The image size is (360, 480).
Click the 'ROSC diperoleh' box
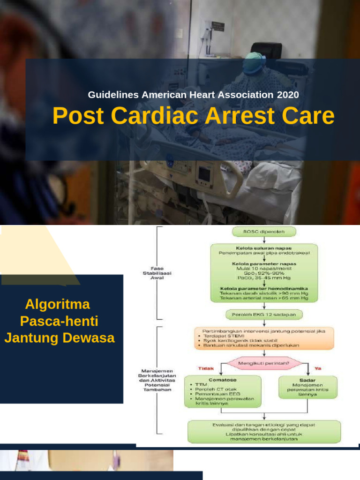click(264, 232)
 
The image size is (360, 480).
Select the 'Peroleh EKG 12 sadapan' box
click(264, 314)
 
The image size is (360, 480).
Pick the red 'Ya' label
click(318, 368)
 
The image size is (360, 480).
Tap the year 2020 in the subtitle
click(287, 95)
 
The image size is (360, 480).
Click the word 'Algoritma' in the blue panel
click(57, 305)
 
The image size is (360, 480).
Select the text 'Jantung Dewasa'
click(60, 338)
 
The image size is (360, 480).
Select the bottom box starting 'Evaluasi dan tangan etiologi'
click(264, 432)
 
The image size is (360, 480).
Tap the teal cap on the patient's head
click(253, 63)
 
